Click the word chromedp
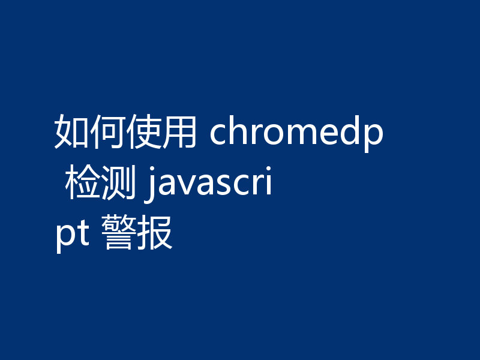(x=296, y=133)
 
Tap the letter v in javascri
(x=184, y=187)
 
